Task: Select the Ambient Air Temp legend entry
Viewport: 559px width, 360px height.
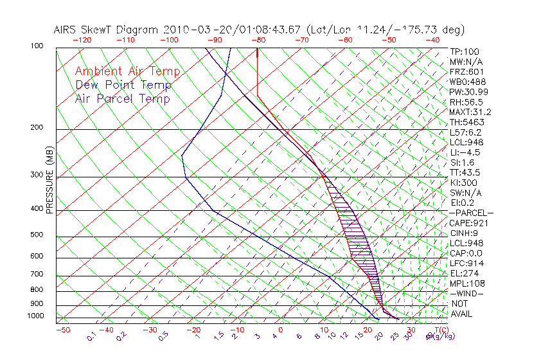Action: coord(127,71)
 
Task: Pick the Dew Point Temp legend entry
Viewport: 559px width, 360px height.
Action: coord(123,85)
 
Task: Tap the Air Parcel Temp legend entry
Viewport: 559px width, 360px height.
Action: coord(123,98)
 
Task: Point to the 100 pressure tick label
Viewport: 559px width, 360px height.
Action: coord(37,46)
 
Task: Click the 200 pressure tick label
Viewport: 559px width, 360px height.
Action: coord(37,127)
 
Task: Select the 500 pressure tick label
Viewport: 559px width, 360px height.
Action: coord(37,235)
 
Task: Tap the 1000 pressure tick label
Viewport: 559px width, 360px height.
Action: coord(35,316)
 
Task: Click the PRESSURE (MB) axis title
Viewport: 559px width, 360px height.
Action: coord(49,182)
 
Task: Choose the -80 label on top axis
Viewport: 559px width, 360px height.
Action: coord(258,40)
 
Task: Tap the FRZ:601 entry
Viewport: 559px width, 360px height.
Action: coord(465,72)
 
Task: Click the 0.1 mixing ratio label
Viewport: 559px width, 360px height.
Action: coord(91,336)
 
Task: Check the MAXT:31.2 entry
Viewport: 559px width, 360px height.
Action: coord(470,112)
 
